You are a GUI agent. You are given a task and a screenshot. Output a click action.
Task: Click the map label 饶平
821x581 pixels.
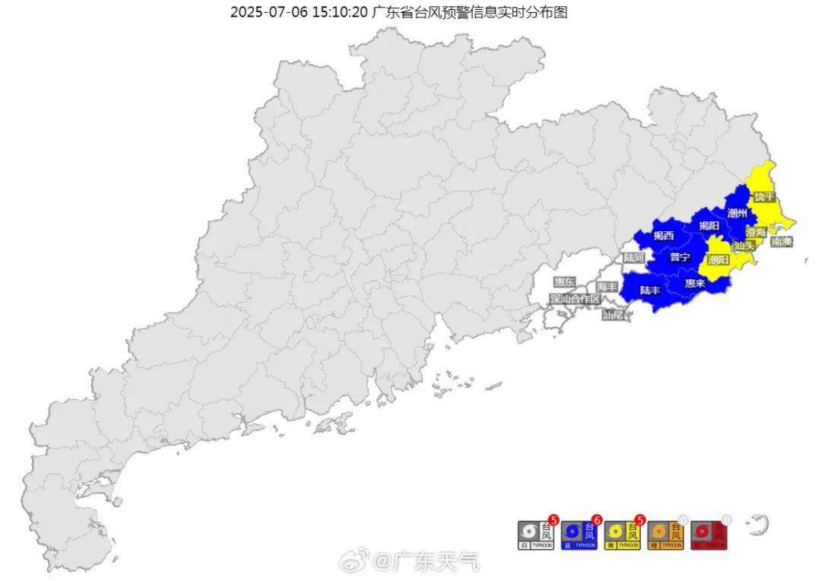pos(764,196)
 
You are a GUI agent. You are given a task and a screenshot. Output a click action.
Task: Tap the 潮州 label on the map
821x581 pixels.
pos(737,213)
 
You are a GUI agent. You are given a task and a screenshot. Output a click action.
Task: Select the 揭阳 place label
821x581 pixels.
pos(708,225)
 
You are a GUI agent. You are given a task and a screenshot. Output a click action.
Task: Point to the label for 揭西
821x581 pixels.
pos(664,236)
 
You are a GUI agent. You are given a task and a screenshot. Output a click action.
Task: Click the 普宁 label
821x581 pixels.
pos(680,257)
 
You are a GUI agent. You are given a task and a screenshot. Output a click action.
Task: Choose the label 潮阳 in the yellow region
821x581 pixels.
pos(718,260)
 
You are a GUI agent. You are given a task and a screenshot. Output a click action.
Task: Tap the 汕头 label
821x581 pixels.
pos(744,246)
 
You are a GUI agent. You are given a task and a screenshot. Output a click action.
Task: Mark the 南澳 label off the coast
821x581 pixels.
pos(781,242)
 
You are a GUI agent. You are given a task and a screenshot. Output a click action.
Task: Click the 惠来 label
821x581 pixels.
pos(695,283)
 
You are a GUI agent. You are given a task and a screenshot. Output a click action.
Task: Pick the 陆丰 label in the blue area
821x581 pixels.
pos(650,290)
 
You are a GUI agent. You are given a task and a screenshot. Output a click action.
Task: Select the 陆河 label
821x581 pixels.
pos(634,258)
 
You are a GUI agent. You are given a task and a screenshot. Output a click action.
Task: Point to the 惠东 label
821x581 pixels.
pos(565,282)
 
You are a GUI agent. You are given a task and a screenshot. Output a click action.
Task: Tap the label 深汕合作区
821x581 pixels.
pos(575,299)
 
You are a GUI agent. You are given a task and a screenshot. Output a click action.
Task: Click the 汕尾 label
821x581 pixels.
pos(613,314)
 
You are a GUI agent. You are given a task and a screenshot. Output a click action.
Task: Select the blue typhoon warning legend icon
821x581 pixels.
pos(579,535)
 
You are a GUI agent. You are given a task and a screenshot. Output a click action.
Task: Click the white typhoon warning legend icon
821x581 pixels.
pos(536,535)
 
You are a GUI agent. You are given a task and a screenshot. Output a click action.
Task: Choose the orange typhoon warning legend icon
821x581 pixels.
pos(666,535)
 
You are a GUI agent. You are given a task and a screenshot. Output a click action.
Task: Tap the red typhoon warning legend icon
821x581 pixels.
pos(709,535)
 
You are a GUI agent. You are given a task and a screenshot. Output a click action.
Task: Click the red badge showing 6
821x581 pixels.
pos(597,520)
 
